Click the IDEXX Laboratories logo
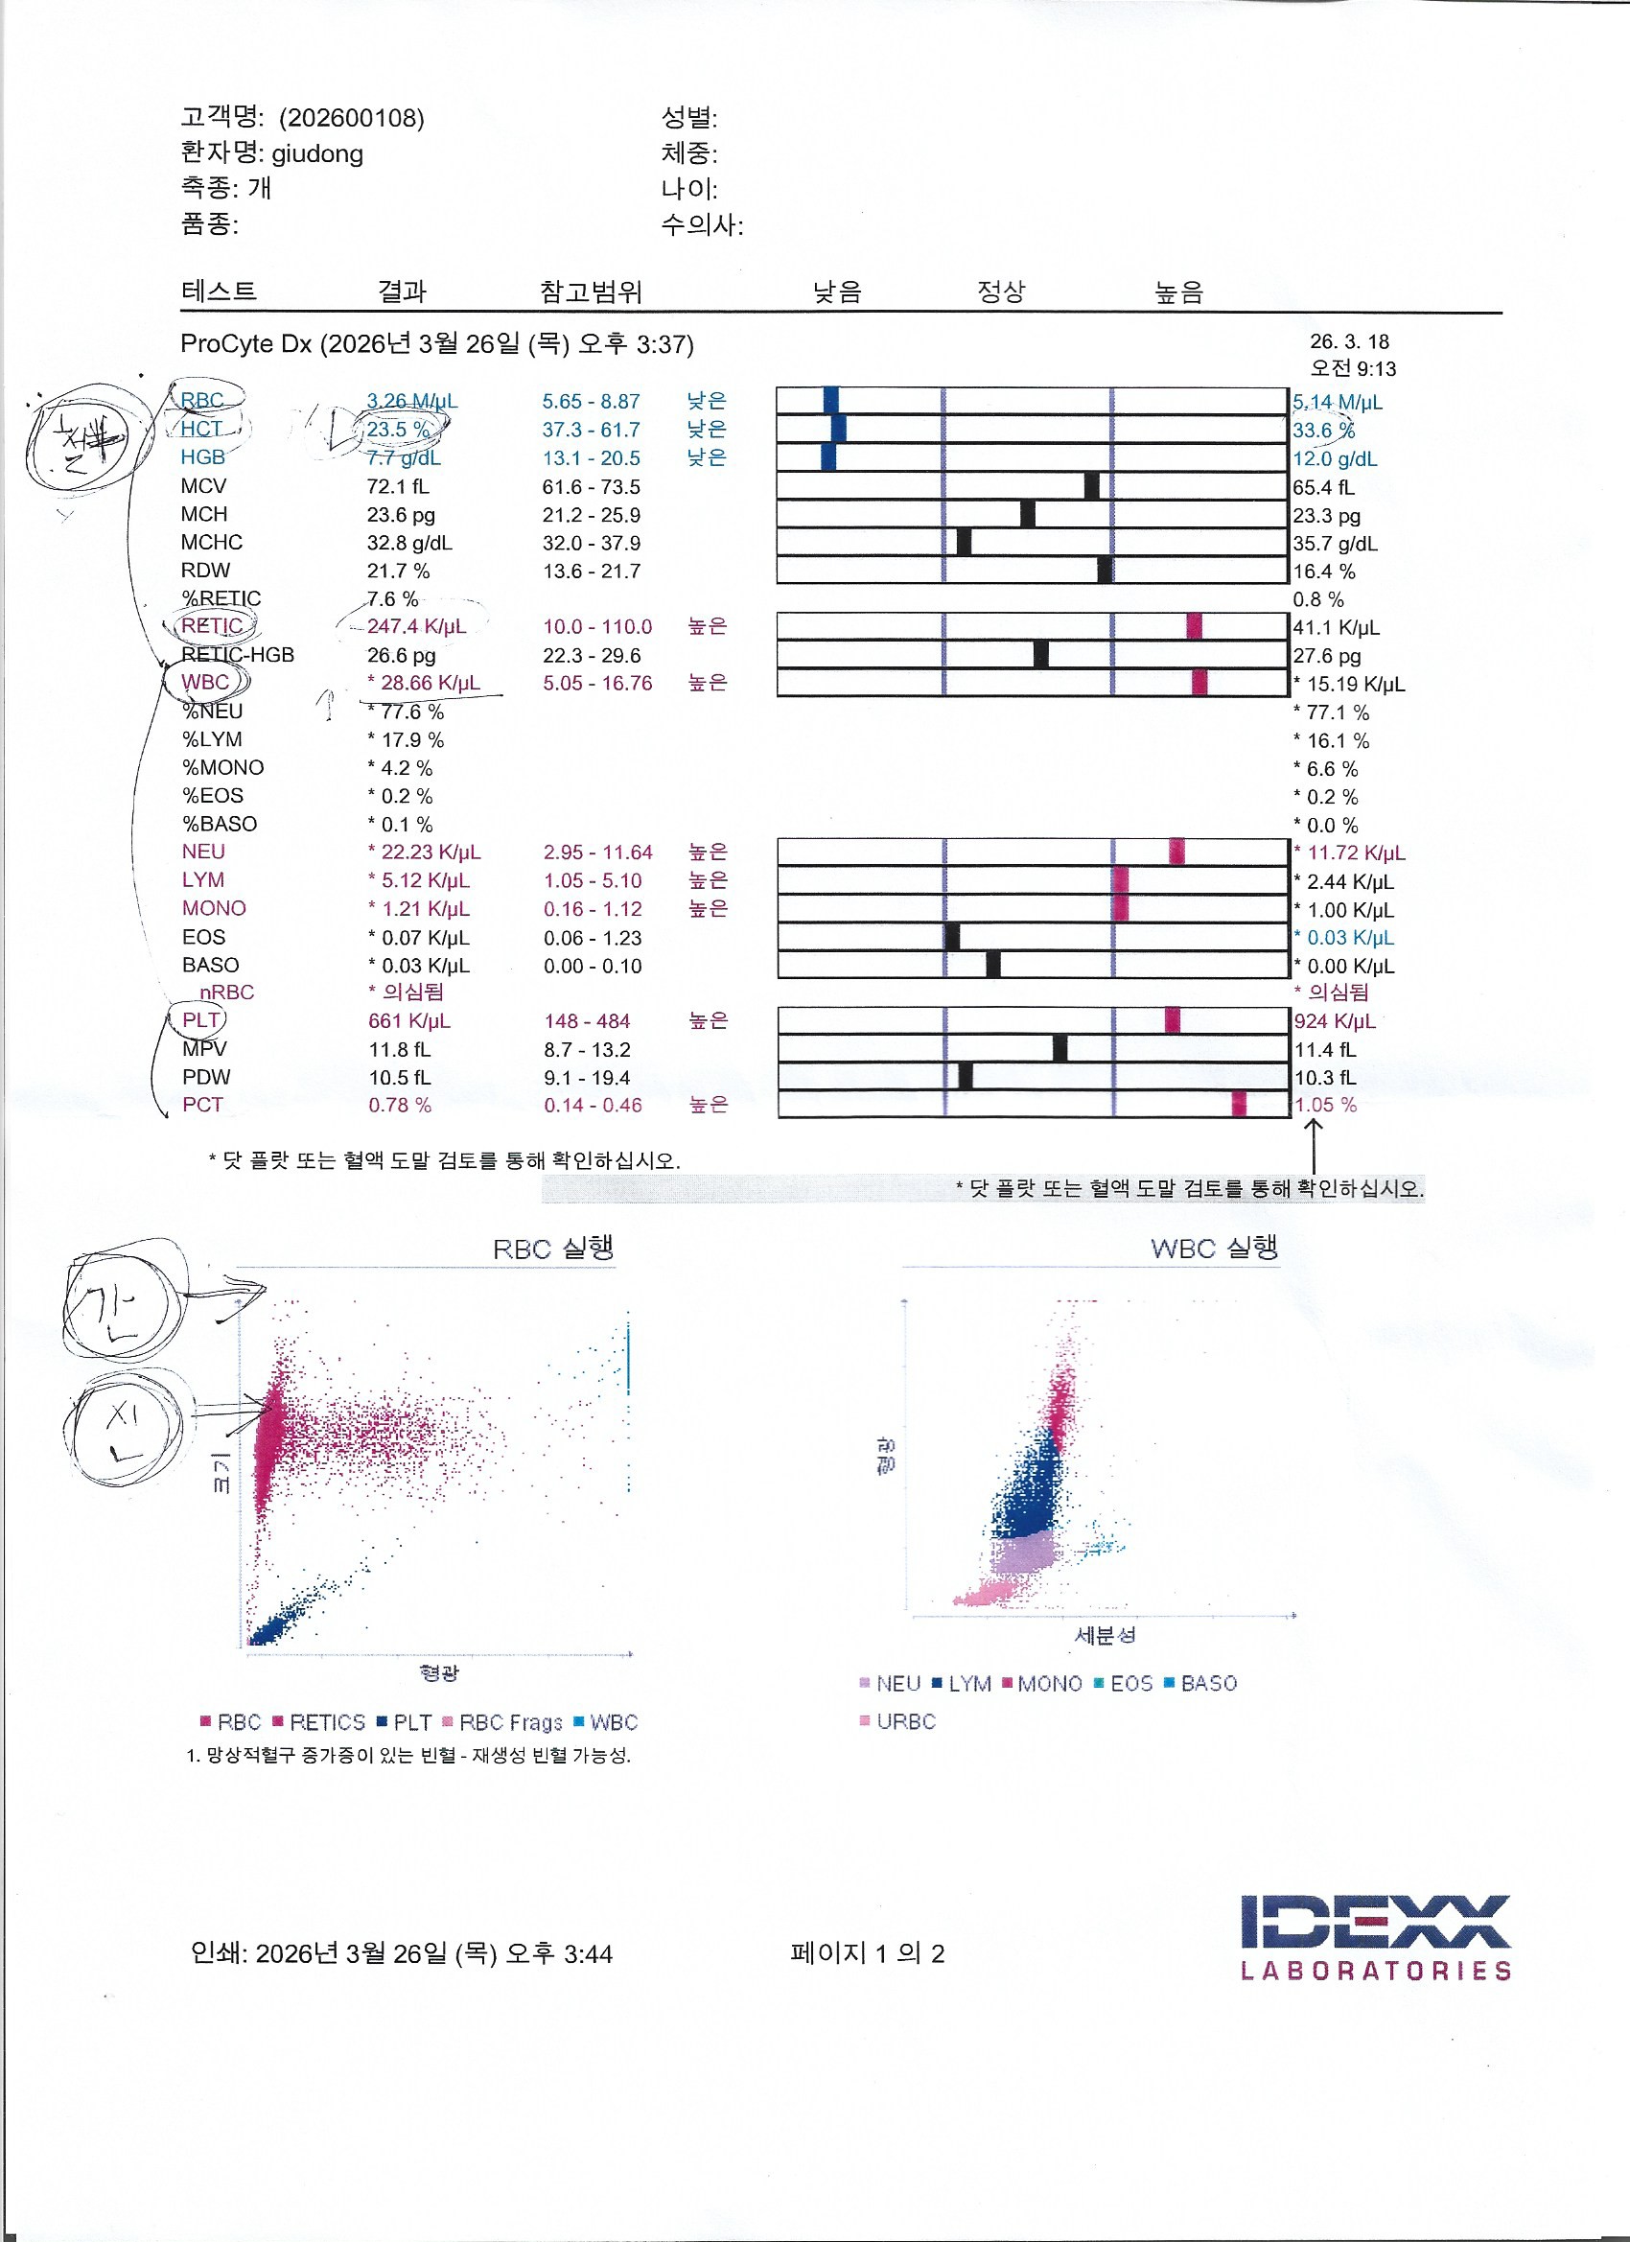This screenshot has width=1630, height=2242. pyautogui.click(x=1375, y=1937)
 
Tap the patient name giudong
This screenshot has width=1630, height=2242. pyautogui.click(x=317, y=154)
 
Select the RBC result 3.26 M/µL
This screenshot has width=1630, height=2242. pyautogui.click(x=411, y=402)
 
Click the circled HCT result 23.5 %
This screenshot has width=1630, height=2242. pyautogui.click(x=398, y=430)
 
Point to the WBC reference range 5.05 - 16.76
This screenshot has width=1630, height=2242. pyautogui.click(x=597, y=683)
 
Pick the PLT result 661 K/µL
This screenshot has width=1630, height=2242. pyautogui.click(x=409, y=1021)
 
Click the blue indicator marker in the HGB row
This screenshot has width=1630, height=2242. pyautogui.click(x=828, y=456)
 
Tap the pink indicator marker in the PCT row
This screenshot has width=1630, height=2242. pyautogui.click(x=1239, y=1104)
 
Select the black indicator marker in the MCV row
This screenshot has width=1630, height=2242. pyautogui.click(x=1091, y=485)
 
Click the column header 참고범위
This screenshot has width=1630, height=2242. pyautogui.click(x=590, y=292)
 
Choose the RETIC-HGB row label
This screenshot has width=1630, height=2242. pyautogui.click(x=237, y=655)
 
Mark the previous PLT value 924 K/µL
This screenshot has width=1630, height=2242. pyautogui.click(x=1335, y=1021)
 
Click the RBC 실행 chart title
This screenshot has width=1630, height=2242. pyautogui.click(x=552, y=1249)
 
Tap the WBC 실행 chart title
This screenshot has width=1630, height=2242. pyautogui.click(x=1214, y=1248)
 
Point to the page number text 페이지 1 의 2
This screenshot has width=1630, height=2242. pyautogui.click(x=867, y=1953)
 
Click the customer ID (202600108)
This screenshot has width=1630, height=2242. pyautogui.click(x=351, y=119)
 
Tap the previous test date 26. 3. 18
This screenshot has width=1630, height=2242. pyautogui.click(x=1349, y=342)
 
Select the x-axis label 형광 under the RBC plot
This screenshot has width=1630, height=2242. pyautogui.click(x=438, y=1672)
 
